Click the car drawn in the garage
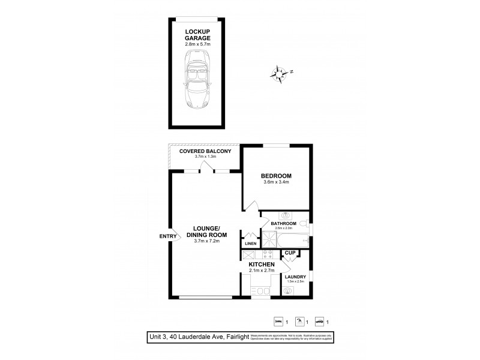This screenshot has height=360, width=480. click(x=197, y=79)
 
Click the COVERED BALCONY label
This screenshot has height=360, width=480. click(x=205, y=151)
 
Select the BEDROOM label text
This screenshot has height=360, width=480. click(x=275, y=176)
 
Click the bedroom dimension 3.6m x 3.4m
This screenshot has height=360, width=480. click(x=275, y=184)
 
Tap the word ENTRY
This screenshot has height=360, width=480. click(x=168, y=236)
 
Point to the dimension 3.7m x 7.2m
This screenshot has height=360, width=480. click(x=206, y=241)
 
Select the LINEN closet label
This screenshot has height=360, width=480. click(x=250, y=243)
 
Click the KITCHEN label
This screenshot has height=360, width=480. click(x=262, y=265)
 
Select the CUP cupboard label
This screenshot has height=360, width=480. click(x=289, y=253)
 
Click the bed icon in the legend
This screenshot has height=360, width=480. click(x=278, y=320)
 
